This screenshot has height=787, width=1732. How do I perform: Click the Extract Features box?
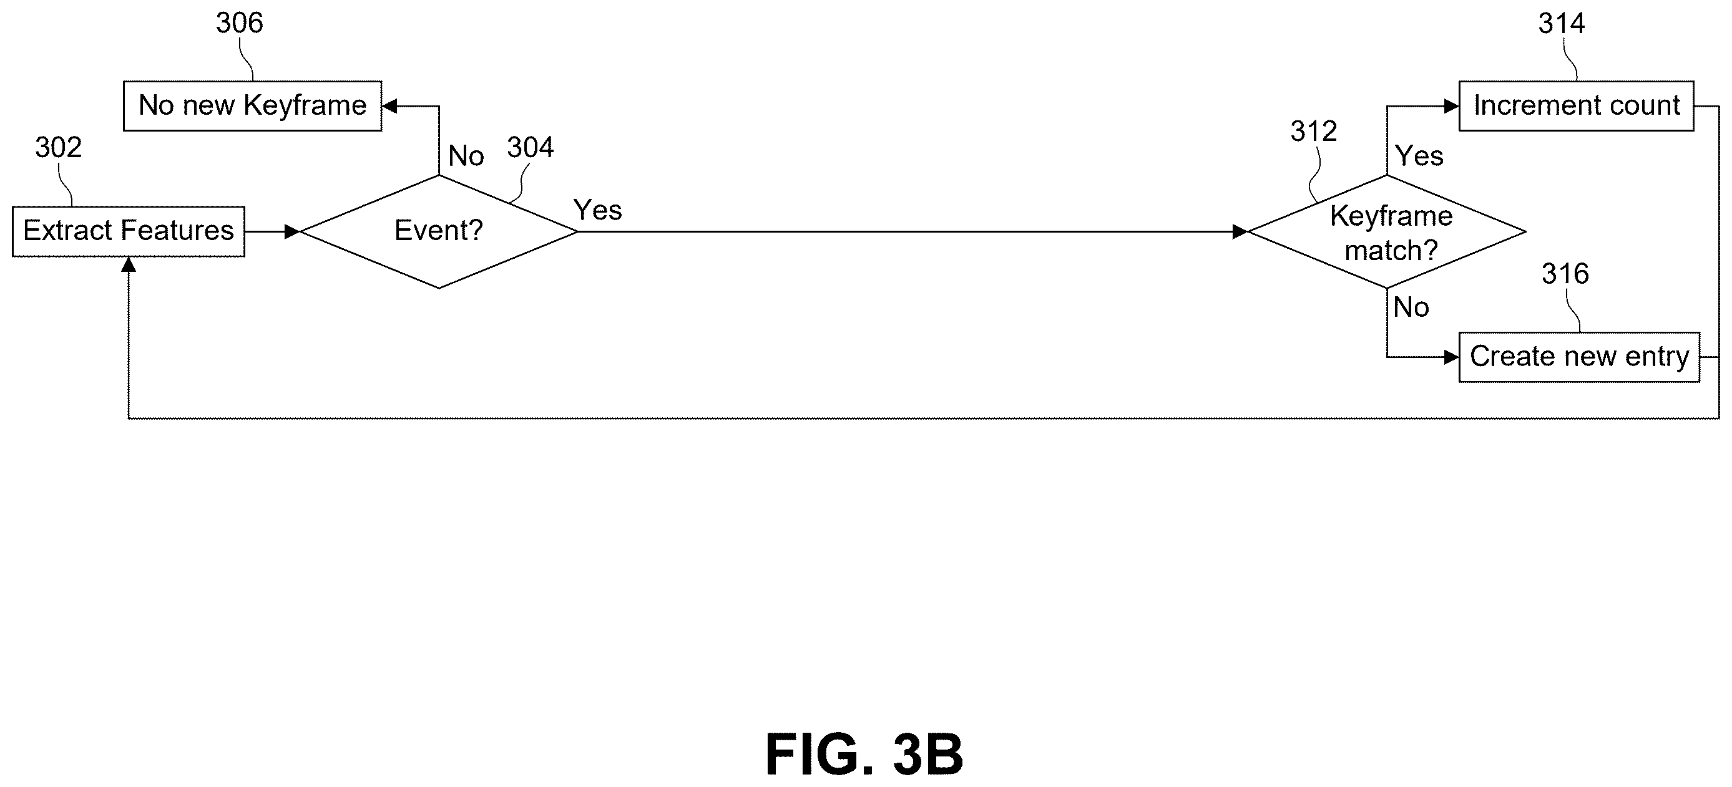point(129,231)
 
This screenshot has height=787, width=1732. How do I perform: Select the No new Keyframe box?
point(253,106)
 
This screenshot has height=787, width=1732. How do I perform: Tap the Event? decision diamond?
point(439,232)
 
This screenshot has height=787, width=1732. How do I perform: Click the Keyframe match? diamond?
point(1386,232)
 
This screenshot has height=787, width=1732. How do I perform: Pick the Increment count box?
point(1576,106)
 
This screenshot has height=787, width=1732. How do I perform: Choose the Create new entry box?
point(1579,357)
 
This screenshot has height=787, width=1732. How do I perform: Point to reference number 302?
point(59,147)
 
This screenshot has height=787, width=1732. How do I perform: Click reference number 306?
point(240,23)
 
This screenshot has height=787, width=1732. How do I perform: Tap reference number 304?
point(531,147)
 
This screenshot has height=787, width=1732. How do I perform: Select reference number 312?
point(1314,131)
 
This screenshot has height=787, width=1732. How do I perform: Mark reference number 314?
point(1562,24)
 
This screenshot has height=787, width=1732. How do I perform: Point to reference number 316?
point(1565,274)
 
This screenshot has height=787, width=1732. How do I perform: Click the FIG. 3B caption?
point(864,754)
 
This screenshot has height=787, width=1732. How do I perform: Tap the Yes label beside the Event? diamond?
point(598,210)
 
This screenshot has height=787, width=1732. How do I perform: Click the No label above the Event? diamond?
point(466,156)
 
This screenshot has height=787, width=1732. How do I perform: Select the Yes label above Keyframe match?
point(1419,156)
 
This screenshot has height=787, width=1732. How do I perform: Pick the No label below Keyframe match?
point(1411,307)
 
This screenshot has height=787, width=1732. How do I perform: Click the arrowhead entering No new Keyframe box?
point(389,106)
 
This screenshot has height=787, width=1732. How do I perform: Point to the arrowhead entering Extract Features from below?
point(129,264)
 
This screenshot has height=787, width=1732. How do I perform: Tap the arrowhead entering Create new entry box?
point(1451,357)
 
